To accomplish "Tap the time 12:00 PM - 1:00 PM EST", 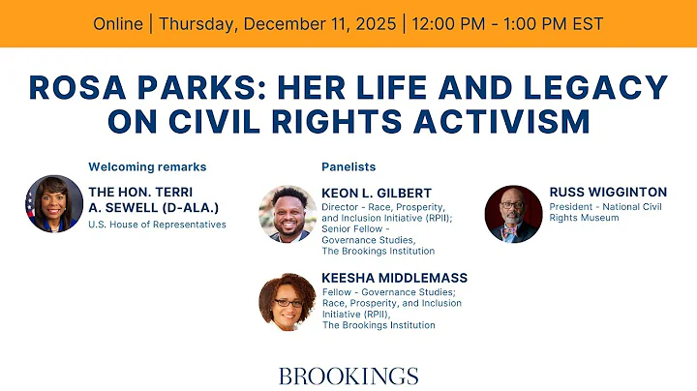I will click(509, 23).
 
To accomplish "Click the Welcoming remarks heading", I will click(147, 166).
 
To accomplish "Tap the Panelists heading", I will click(348, 166).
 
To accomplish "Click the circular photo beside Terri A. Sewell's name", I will click(55, 204).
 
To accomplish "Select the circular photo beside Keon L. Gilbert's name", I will click(288, 214).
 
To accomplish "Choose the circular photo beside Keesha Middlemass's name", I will click(288, 302).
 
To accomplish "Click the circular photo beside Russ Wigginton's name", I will click(513, 214).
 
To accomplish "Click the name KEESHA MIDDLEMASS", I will click(394, 278).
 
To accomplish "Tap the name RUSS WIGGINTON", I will click(607, 192).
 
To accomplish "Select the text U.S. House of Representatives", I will click(157, 225).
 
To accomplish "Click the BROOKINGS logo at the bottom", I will click(348, 376).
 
